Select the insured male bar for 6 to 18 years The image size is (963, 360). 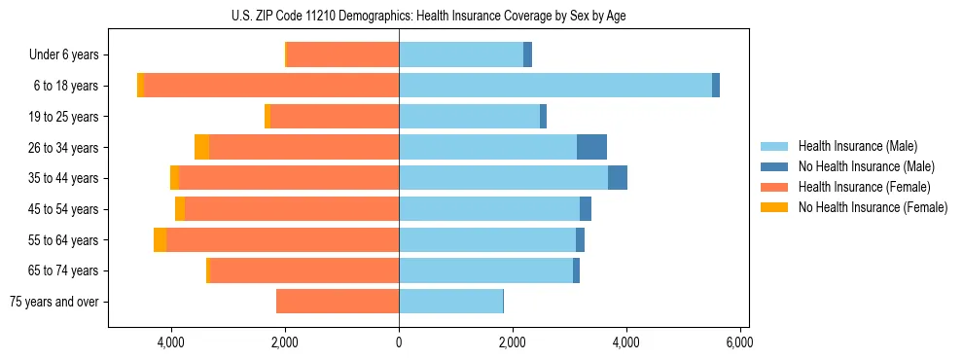554,86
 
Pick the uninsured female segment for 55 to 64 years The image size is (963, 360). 160,240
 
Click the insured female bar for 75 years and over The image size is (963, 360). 338,302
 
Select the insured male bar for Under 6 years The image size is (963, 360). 461,54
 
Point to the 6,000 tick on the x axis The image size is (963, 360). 740,342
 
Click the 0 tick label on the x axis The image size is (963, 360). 399,342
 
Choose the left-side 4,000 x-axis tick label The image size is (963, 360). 171,342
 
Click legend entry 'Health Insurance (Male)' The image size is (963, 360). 857,146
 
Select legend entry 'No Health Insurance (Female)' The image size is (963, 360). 873,207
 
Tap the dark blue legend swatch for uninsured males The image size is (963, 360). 774,166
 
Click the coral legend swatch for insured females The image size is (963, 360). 774,187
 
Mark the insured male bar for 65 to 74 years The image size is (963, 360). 485,270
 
